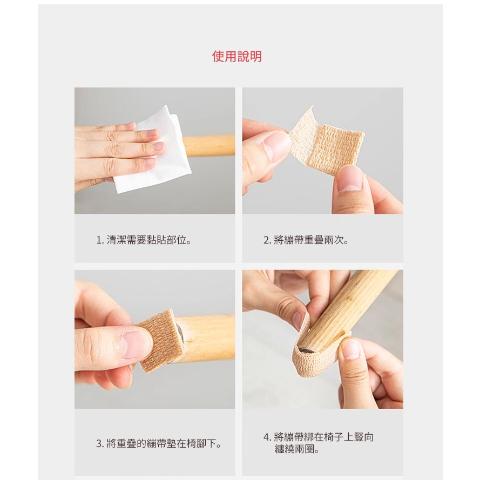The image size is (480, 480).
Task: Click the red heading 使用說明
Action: [x=237, y=57]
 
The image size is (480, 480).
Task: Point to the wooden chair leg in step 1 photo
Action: [x=209, y=145]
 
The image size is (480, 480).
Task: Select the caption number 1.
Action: [x=99, y=240]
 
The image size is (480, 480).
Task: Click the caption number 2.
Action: [x=266, y=240]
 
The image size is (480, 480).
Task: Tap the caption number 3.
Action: [x=99, y=444]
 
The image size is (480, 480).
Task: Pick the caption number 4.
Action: [x=266, y=437]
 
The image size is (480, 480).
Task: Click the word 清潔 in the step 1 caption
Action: [x=117, y=240]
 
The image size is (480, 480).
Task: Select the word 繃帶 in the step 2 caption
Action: [x=294, y=240]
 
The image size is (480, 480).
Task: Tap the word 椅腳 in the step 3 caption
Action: [x=196, y=444]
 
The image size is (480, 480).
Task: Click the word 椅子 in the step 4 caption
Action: [x=334, y=437]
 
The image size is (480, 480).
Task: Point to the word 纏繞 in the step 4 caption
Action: [x=285, y=449]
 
